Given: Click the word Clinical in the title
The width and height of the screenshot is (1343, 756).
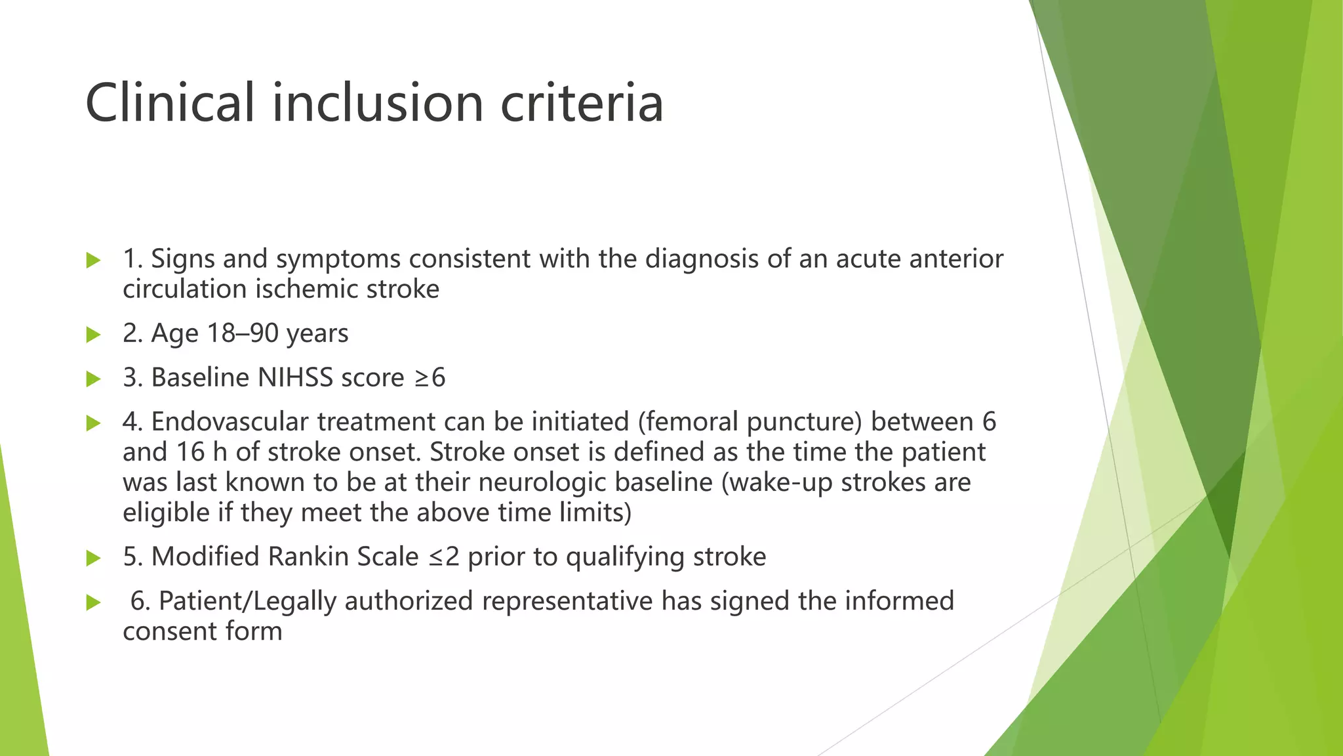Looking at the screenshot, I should [169, 103].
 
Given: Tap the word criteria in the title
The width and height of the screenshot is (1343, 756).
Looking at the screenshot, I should [582, 103].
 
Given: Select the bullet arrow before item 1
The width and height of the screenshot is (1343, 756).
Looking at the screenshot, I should [93, 261].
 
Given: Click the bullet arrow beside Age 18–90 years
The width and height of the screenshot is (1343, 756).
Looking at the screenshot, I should [93, 335].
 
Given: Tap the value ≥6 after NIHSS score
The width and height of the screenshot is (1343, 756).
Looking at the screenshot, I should [430, 378].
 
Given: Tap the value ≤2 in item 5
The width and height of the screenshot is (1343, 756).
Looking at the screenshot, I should [445, 557].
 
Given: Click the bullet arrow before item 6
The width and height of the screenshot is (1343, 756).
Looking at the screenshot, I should [93, 602].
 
